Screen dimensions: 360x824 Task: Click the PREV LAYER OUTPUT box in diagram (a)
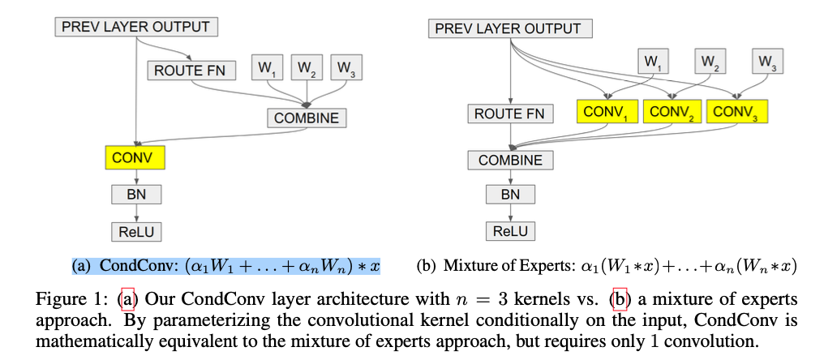(136, 27)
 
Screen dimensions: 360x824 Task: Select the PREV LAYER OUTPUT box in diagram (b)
(509, 28)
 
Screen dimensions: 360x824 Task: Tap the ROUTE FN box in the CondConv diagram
(191, 71)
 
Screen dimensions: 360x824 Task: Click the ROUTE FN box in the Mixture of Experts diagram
(509, 114)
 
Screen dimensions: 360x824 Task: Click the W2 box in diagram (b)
(709, 61)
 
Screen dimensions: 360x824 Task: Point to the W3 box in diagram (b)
(766, 61)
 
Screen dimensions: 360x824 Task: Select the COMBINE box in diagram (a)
(306, 118)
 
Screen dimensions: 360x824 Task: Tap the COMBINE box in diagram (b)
(510, 160)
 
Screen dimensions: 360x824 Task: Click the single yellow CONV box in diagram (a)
(135, 157)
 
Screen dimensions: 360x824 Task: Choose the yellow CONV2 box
(672, 113)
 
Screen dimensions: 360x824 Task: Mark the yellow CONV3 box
(736, 113)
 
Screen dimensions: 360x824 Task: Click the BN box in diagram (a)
(136, 194)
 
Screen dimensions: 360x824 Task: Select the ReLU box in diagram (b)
(510, 231)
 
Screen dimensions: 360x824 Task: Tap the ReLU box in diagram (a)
(136, 232)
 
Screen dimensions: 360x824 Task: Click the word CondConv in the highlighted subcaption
(131, 266)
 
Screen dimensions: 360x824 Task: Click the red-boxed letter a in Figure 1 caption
(126, 299)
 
